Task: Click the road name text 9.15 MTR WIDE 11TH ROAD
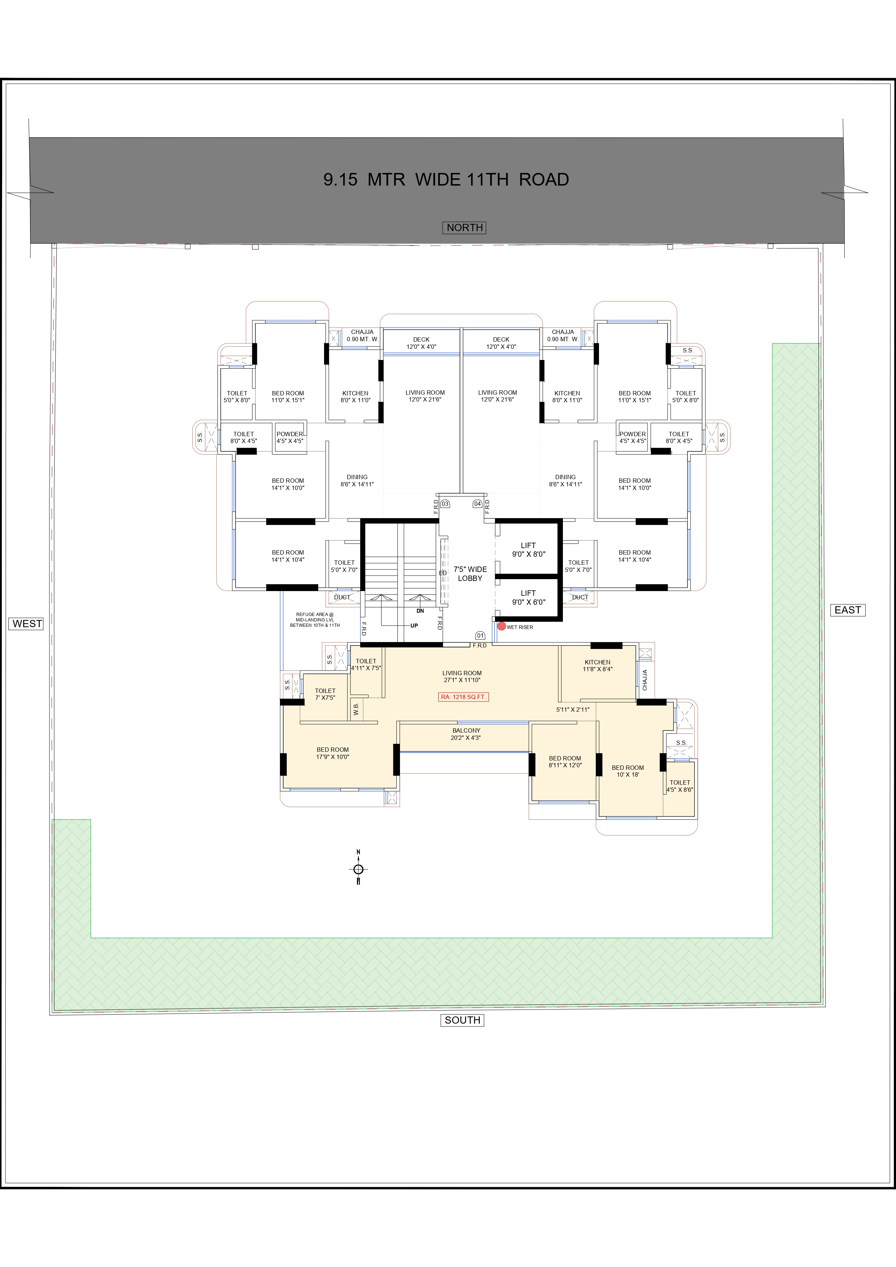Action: coord(446,180)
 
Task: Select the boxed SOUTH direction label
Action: coord(462,1020)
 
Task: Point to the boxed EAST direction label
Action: coord(848,610)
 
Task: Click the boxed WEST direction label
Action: coord(27,624)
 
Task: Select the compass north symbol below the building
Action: coord(358,869)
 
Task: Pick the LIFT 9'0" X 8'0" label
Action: coord(528,550)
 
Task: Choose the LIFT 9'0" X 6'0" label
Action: coord(528,598)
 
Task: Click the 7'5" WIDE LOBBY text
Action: coord(470,574)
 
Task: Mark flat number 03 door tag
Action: coord(445,504)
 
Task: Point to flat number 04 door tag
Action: coord(478,504)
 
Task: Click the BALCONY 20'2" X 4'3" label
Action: coord(466,734)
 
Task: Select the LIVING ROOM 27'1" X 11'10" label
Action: coord(462,677)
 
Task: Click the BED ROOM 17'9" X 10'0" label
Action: coord(332,753)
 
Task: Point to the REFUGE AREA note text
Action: coord(315,620)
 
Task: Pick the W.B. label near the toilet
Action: coord(356,708)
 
